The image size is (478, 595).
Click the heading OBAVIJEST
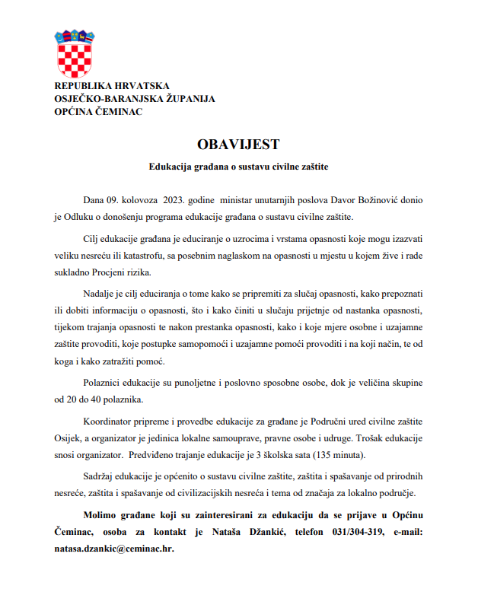238,144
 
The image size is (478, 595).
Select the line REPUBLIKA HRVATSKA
112,86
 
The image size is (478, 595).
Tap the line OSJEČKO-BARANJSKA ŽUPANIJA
135,99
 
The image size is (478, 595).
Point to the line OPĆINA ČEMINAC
98,112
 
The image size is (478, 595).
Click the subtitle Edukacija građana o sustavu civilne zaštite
237,165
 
